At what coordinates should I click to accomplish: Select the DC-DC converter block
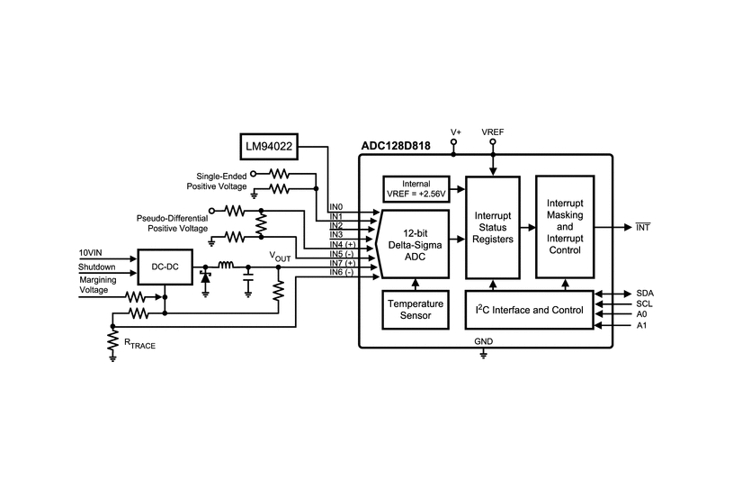pyautogui.click(x=164, y=267)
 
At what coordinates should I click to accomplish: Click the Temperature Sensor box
pyautogui.click(x=415, y=309)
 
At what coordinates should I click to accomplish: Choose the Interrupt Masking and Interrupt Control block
pyautogui.click(x=565, y=226)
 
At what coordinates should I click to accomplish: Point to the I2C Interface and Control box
pyautogui.click(x=529, y=310)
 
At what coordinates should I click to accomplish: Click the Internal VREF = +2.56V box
pyautogui.click(x=416, y=188)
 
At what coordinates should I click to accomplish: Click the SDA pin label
pyautogui.click(x=645, y=294)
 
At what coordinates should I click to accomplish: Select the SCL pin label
pyautogui.click(x=645, y=304)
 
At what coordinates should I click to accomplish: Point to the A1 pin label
pyautogui.click(x=641, y=325)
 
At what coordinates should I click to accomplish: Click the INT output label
pyautogui.click(x=643, y=227)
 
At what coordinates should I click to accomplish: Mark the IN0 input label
pyautogui.click(x=335, y=206)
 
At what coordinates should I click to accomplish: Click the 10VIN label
pyautogui.click(x=92, y=253)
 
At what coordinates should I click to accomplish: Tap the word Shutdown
pyautogui.click(x=96, y=267)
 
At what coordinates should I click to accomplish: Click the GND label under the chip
pyautogui.click(x=484, y=342)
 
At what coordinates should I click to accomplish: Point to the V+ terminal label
pyautogui.click(x=455, y=131)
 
